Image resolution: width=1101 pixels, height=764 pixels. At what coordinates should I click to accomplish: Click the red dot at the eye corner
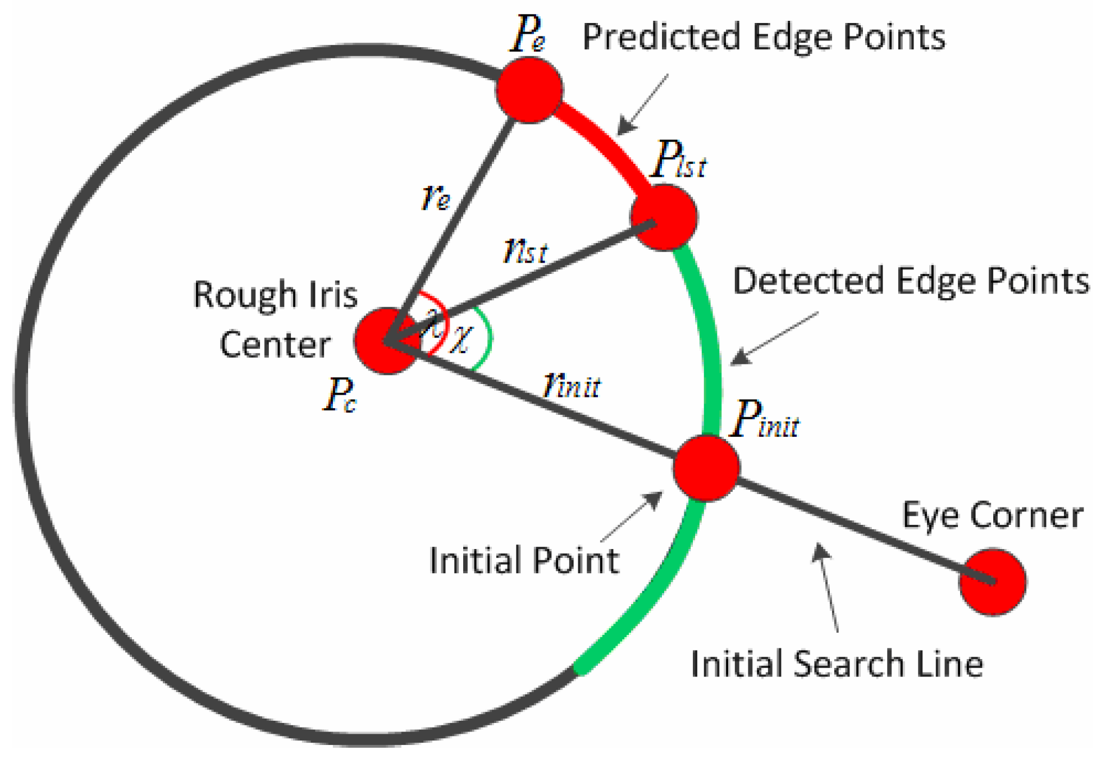pyautogui.click(x=992, y=582)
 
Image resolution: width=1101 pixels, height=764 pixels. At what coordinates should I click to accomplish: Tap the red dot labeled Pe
pyautogui.click(x=529, y=90)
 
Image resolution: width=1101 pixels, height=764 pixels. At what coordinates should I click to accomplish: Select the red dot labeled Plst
pyautogui.click(x=664, y=217)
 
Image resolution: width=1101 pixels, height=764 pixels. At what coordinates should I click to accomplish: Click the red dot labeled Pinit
pyautogui.click(x=706, y=468)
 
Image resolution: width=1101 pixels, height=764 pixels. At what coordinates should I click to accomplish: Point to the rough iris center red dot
pyautogui.click(x=387, y=340)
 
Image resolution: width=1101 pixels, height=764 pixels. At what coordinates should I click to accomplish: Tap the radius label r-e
pyautogui.click(x=436, y=197)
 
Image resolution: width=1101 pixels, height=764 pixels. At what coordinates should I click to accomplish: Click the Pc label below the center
pyautogui.click(x=340, y=394)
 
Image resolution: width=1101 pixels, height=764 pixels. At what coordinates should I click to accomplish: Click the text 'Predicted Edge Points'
pyautogui.click(x=764, y=37)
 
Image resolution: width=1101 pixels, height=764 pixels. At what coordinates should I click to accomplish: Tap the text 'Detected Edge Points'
pyautogui.click(x=911, y=281)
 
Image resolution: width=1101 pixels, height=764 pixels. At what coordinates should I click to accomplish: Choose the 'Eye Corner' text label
pyautogui.click(x=992, y=515)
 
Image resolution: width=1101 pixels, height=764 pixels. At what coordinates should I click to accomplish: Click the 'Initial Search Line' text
pyautogui.click(x=837, y=664)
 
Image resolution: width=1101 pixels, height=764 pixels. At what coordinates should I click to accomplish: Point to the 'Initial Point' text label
pyautogui.click(x=524, y=560)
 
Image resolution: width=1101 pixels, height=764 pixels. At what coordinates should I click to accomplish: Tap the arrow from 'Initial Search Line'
pyautogui.click(x=828, y=587)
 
